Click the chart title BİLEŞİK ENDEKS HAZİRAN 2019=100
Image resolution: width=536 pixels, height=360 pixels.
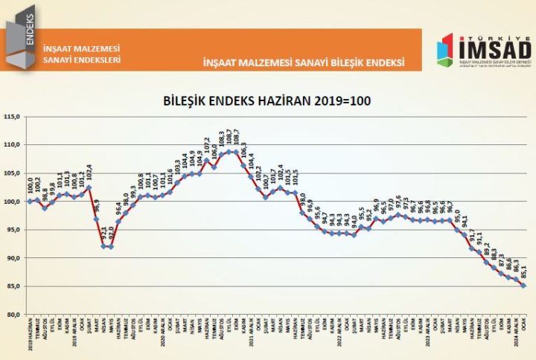(267, 100)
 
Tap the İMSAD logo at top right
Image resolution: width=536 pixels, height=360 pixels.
(483, 51)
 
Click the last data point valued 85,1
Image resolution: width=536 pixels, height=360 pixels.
(523, 286)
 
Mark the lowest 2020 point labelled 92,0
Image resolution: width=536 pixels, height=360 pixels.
(112, 247)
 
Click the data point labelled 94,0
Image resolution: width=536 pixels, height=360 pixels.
(354, 235)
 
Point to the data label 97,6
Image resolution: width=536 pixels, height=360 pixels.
(398, 203)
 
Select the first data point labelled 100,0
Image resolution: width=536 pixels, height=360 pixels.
(30, 201)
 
